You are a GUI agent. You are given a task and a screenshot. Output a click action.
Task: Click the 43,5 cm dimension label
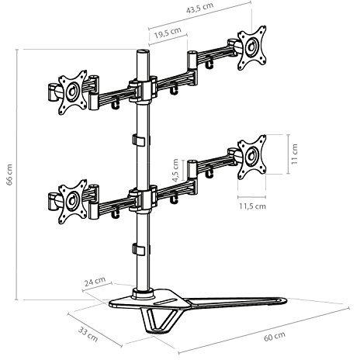[x=200, y=9]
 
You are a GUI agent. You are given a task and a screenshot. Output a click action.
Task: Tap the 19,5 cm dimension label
[x=168, y=33]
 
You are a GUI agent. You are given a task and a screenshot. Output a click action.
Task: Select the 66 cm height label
[x=9, y=174]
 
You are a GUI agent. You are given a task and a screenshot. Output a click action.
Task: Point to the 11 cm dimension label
[x=294, y=154]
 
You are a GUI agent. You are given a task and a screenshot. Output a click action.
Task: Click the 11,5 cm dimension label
[x=252, y=206]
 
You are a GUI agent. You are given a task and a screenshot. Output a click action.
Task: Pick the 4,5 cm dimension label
[x=175, y=170]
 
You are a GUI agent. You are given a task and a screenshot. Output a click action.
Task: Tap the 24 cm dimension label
[x=95, y=281]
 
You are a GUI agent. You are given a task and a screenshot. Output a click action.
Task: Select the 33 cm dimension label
[x=88, y=334]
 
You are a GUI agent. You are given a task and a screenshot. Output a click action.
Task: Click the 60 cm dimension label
[x=275, y=336]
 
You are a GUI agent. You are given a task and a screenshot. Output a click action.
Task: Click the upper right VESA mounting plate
[x=252, y=48]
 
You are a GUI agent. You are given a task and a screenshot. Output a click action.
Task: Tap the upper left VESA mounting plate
[x=73, y=92]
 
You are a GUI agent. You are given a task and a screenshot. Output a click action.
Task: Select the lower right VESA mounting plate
[x=252, y=157]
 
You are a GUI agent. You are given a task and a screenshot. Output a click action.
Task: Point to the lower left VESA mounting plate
[x=73, y=202]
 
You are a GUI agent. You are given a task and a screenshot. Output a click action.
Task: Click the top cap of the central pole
[x=143, y=51]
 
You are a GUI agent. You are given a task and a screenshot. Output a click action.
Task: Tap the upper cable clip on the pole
[x=140, y=140]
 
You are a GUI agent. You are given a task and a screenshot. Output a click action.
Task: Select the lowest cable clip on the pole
[x=140, y=249]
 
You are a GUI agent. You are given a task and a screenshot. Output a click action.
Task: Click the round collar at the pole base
[x=143, y=294]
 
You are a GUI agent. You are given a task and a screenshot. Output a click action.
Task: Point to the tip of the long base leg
[x=286, y=300]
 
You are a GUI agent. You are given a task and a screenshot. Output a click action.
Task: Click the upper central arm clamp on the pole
[x=143, y=88]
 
